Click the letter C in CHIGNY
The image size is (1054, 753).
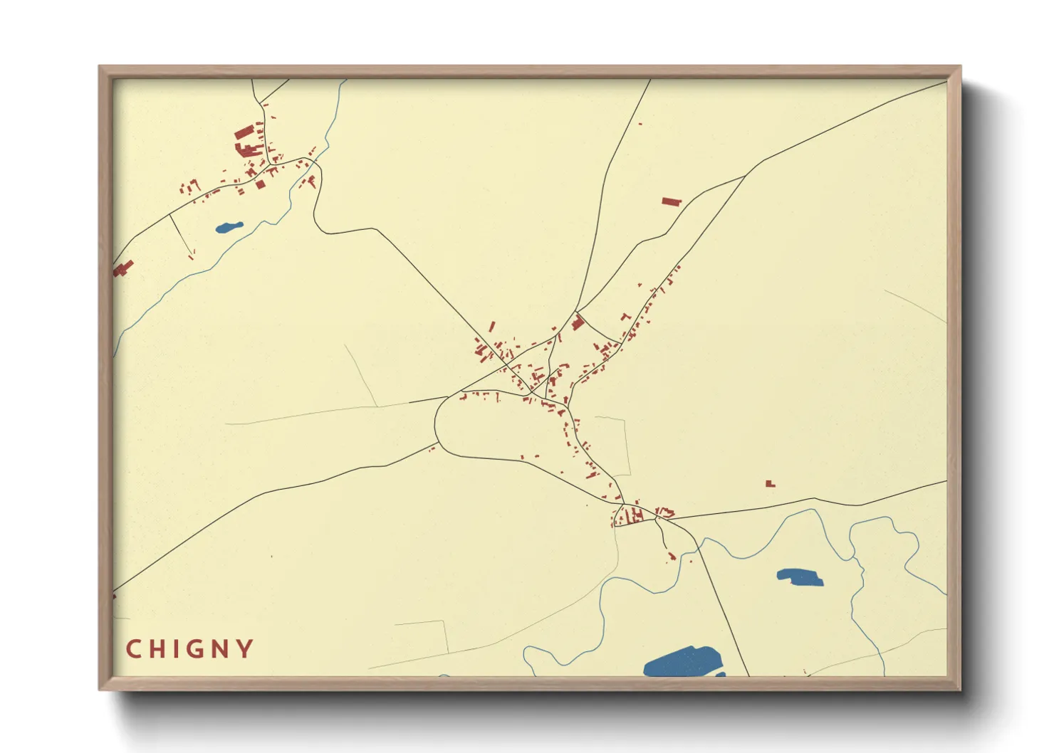tap(132, 649)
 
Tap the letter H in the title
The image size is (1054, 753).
tap(157, 649)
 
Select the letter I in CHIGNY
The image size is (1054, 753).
tap(175, 649)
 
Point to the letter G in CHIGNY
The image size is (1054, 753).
tap(194, 649)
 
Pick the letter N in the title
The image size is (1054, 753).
tap(219, 649)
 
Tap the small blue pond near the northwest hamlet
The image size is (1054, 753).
tap(229, 228)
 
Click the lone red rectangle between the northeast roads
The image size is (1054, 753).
tap(672, 201)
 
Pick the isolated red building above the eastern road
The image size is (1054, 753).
tap(770, 484)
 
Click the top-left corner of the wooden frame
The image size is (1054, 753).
tap(100, 67)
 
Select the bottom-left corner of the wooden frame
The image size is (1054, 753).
tap(100, 689)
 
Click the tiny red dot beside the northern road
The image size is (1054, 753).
tap(640, 124)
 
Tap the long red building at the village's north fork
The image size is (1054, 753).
tap(578, 322)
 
